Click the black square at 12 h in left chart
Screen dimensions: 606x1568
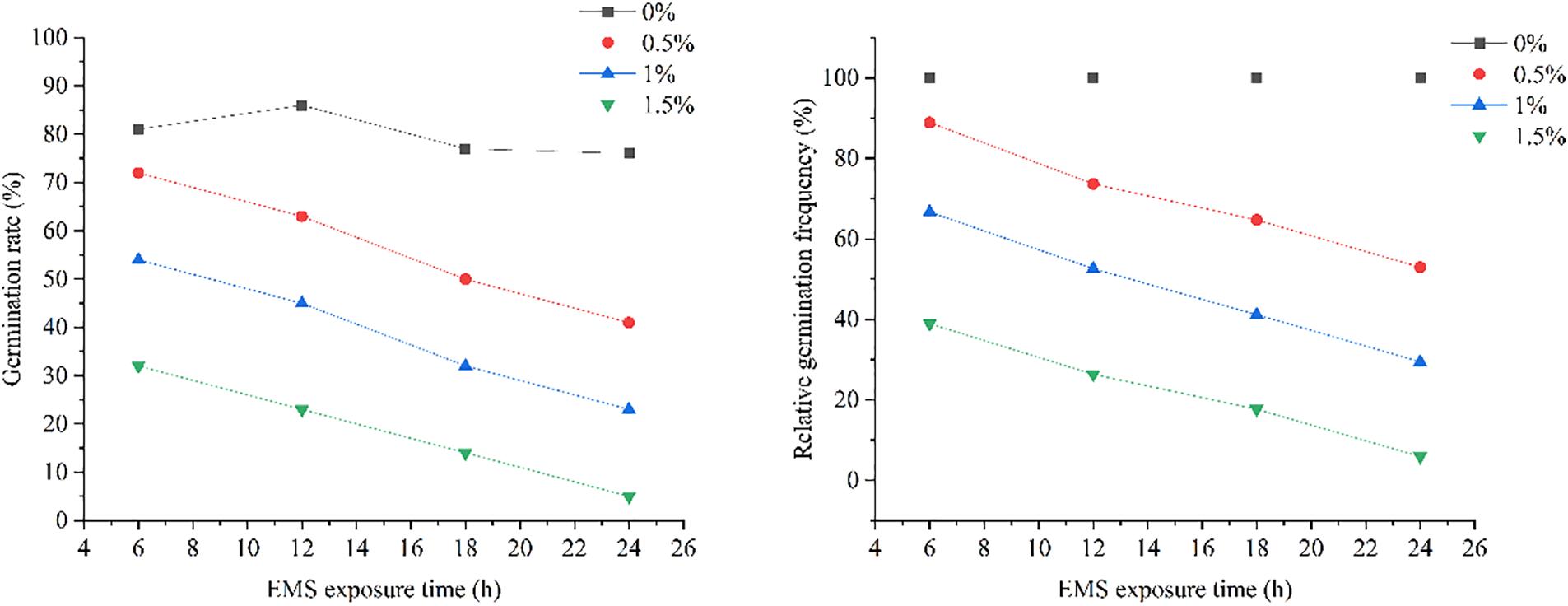pos(302,105)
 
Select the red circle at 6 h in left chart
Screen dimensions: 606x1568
pos(138,173)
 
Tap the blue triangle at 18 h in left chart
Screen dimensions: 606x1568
pos(466,365)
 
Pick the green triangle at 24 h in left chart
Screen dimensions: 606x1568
pos(630,498)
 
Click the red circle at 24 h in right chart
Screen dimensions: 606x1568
pos(1420,268)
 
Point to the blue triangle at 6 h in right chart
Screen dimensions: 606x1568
pos(929,212)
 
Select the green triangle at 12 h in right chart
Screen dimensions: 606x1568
pos(1093,375)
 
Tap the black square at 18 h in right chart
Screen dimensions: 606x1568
pos(1256,78)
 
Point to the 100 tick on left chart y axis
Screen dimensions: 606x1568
pos(49,38)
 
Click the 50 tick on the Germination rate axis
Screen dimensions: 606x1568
pos(55,279)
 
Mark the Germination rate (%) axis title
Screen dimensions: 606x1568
pos(12,278)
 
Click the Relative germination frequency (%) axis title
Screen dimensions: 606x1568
pos(803,278)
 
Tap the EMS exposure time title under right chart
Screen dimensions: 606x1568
pos(1175,590)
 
